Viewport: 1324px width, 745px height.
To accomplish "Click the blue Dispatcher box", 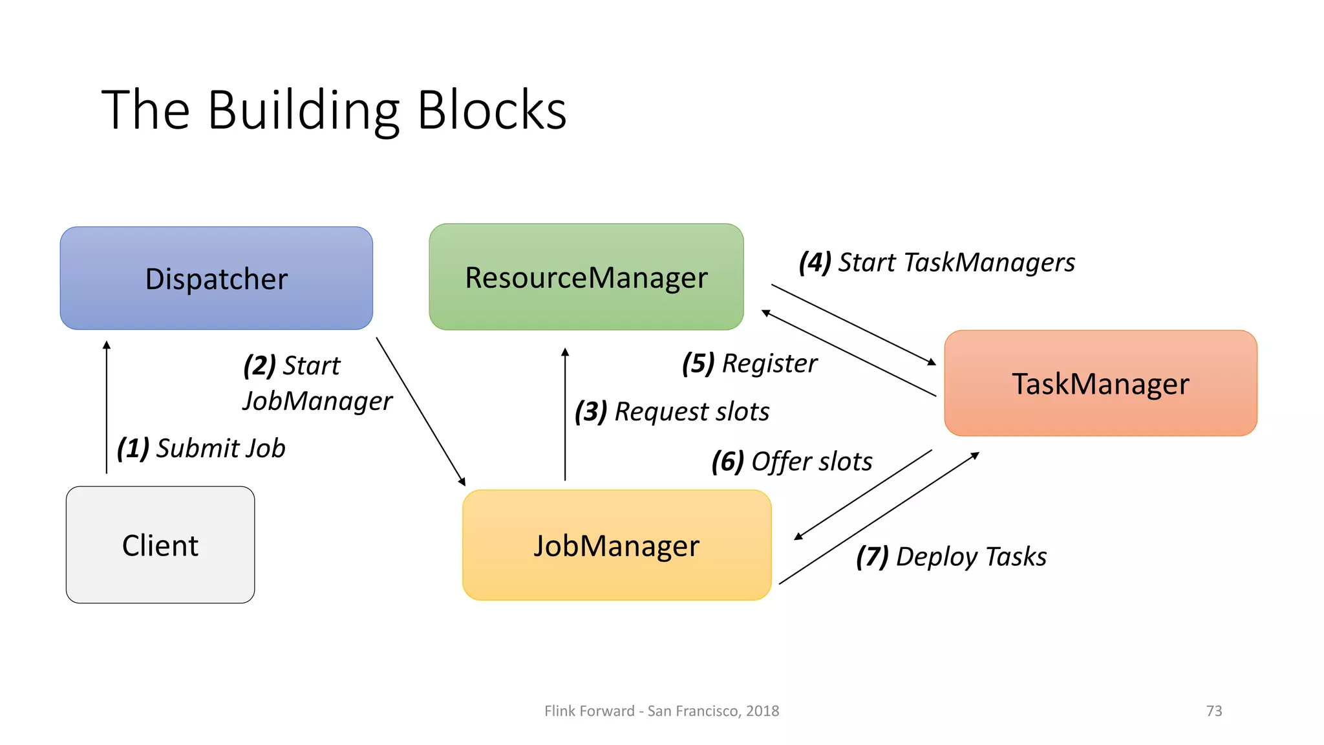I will click(x=216, y=278).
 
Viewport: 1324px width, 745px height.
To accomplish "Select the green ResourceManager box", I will click(x=586, y=277).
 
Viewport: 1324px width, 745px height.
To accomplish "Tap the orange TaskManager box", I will click(x=1100, y=383).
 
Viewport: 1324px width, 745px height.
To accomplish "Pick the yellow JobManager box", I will click(x=617, y=545).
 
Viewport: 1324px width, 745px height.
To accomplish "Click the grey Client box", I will click(x=160, y=545).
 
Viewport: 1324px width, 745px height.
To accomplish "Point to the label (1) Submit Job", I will click(x=201, y=448).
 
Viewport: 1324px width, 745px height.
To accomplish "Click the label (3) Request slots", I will click(x=672, y=411).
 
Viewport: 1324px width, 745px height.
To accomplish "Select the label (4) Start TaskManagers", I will click(x=937, y=263).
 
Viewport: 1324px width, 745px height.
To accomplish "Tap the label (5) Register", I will click(x=749, y=363).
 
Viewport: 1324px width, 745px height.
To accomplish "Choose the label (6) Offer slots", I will click(x=792, y=462).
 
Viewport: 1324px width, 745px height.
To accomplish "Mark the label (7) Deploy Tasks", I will click(x=951, y=557).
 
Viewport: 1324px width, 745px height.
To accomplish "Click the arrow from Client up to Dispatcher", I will click(x=107, y=407).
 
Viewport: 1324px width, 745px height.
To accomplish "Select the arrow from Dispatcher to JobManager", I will click(x=420, y=411).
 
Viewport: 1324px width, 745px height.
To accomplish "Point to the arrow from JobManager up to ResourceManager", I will click(x=565, y=414).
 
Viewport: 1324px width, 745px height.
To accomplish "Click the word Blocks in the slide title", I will click(x=492, y=111).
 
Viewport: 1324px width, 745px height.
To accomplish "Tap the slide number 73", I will click(x=1213, y=711).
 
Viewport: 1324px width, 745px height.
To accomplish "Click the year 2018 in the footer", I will click(x=762, y=711).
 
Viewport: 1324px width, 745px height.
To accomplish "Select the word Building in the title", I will click(x=304, y=111).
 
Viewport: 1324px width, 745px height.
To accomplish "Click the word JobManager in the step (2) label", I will click(x=317, y=401).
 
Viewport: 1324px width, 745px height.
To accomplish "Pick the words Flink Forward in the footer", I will click(x=589, y=711).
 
